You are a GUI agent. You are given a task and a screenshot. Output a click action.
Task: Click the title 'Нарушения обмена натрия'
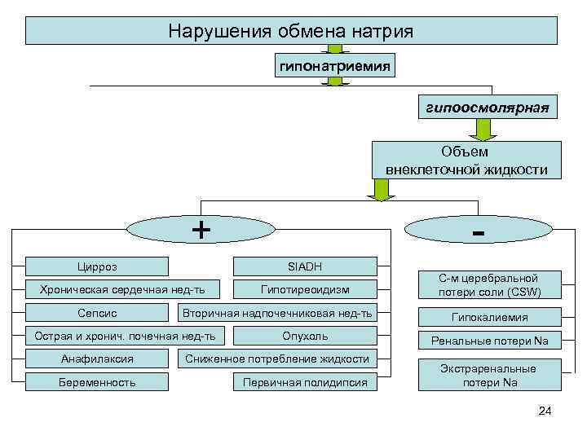click(291, 31)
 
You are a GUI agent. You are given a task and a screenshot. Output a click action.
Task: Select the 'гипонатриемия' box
click(335, 64)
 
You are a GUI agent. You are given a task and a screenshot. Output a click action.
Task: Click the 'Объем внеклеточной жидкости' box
click(466, 161)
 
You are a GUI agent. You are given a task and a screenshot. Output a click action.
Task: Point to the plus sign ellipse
click(200, 230)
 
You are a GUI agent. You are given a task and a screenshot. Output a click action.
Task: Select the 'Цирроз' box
click(97, 266)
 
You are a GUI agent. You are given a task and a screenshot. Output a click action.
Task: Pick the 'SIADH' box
click(305, 266)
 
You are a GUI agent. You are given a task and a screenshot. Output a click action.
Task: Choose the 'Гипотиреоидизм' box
click(305, 289)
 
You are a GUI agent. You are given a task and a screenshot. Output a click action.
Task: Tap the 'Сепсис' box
click(97, 313)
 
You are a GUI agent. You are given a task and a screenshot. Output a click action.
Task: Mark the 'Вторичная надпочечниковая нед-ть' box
click(277, 313)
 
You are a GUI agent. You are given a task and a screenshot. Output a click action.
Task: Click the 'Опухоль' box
click(305, 336)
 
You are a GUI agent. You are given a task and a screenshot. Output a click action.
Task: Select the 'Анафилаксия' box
click(97, 359)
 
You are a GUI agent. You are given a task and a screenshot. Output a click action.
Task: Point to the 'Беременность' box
click(97, 381)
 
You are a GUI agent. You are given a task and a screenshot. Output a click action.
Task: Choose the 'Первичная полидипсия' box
click(305, 381)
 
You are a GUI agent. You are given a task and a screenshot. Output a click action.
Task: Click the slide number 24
click(545, 411)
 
